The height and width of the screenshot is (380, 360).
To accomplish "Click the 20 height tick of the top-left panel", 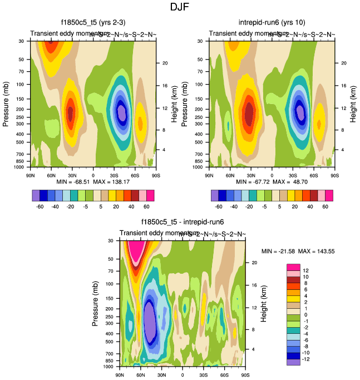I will (x=165, y=63).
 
